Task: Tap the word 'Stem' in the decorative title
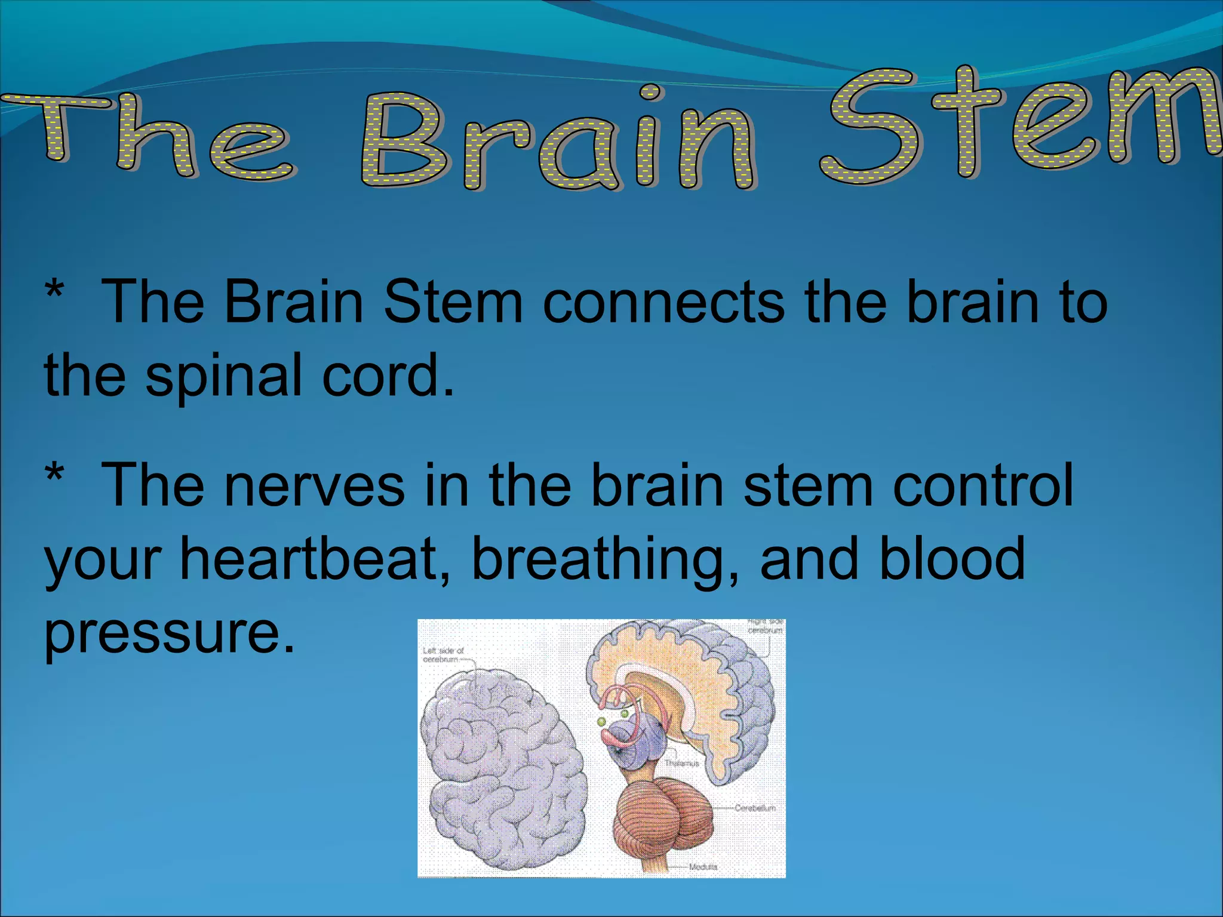[x=1021, y=122]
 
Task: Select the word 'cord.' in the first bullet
[x=388, y=376]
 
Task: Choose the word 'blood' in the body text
[x=952, y=558]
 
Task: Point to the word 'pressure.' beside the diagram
[x=170, y=633]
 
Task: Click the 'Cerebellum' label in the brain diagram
[x=755, y=808]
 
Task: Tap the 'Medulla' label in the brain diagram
[x=703, y=866]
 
